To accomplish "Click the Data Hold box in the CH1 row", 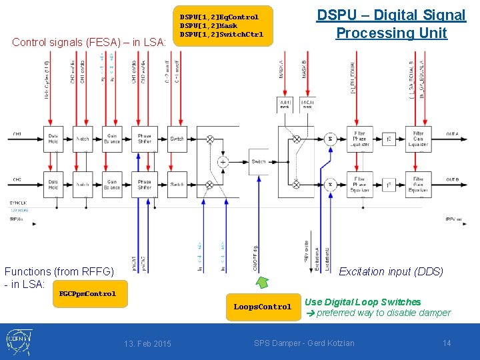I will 54,139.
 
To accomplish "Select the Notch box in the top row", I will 83,139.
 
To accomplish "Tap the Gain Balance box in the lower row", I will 112,185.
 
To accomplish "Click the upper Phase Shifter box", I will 144,139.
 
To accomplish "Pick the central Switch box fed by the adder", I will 259,161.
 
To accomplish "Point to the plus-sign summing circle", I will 223,161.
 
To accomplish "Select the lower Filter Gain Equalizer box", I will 418,185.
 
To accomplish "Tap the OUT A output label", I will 453,135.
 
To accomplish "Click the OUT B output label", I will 453,180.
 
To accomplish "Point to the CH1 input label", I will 17,135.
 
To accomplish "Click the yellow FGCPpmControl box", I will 87,293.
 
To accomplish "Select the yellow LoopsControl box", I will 262,307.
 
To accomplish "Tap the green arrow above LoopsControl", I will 263,283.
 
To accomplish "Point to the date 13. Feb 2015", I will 147,343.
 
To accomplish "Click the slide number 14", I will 447,343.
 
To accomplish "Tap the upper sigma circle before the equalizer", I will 329,139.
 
